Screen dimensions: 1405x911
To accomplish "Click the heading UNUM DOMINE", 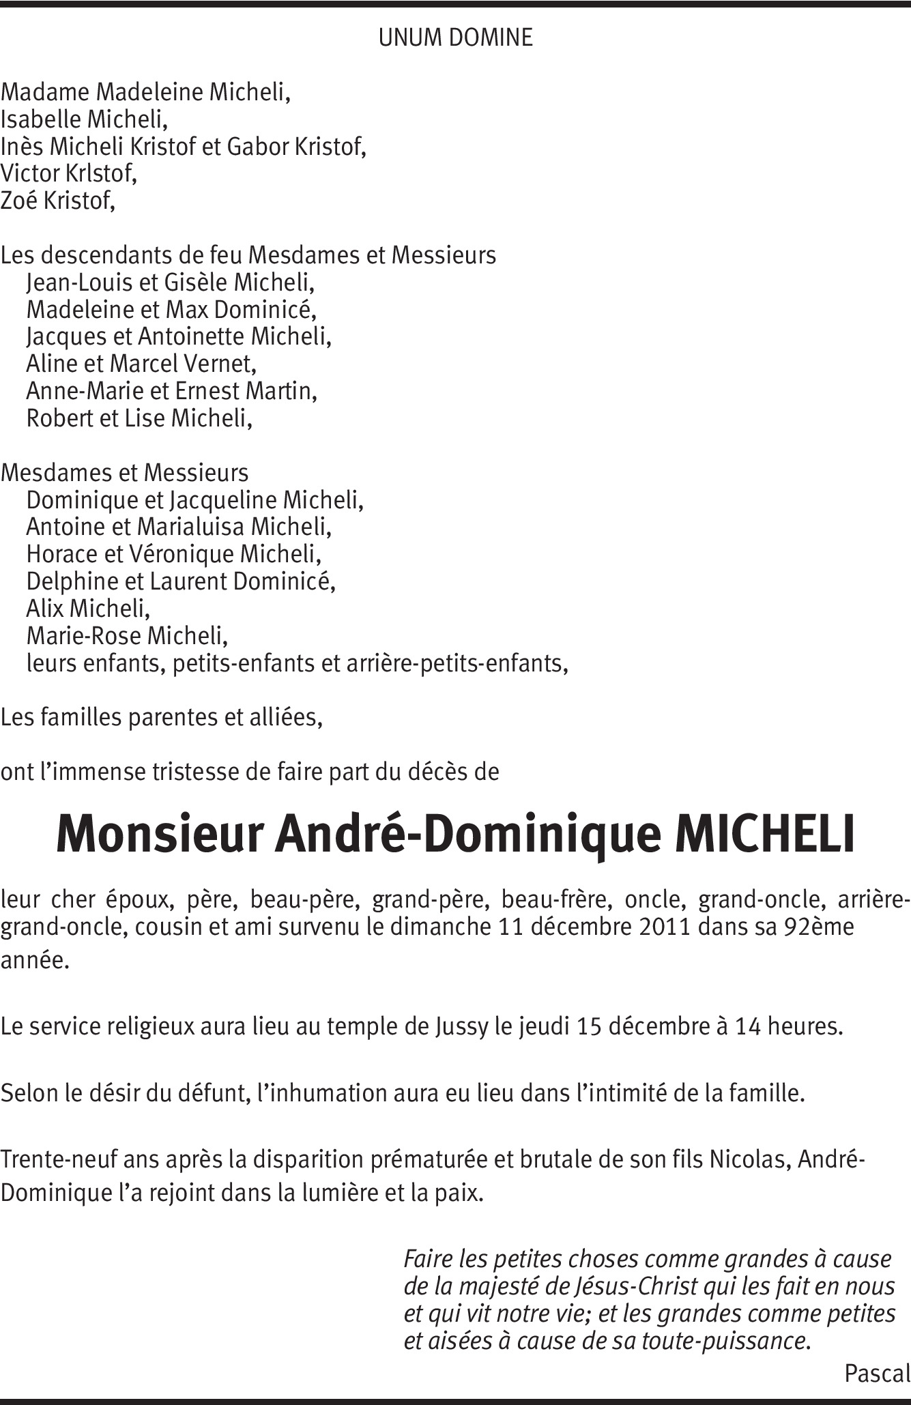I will click(x=455, y=38).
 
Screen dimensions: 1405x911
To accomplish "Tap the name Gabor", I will click(x=259, y=147).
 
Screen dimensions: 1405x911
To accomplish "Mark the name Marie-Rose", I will click(x=85, y=636).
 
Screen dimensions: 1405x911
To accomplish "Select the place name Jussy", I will click(x=461, y=1027).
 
